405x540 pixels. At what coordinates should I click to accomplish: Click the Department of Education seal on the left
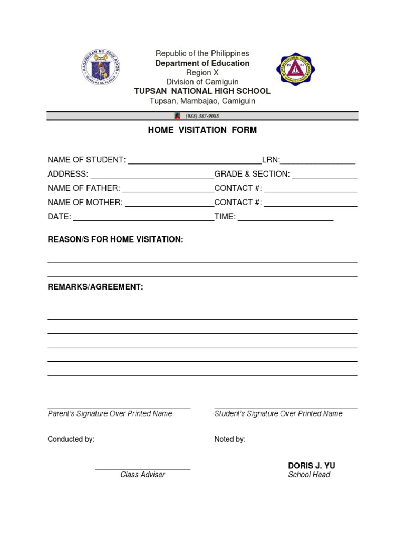(x=101, y=67)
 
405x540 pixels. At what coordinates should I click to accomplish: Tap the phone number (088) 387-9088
(x=201, y=116)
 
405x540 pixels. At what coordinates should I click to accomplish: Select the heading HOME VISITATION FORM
(x=202, y=130)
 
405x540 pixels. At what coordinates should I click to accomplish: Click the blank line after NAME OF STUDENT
(x=195, y=163)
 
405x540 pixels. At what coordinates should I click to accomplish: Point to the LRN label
(x=271, y=160)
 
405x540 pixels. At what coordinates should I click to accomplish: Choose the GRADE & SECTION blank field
(x=325, y=177)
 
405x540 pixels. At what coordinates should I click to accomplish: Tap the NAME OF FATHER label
(x=84, y=188)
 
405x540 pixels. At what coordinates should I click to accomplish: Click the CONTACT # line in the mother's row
(x=311, y=205)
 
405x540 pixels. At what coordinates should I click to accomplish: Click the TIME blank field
(x=285, y=220)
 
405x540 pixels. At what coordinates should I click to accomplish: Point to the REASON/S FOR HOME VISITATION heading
(x=115, y=240)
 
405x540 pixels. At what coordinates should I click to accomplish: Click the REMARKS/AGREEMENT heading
(x=95, y=287)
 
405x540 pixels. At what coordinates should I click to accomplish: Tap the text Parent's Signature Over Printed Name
(x=110, y=414)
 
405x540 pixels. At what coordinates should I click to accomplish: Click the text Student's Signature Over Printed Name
(x=278, y=414)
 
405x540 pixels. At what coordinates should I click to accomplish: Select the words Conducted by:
(x=71, y=439)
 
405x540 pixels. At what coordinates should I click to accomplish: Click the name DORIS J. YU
(x=311, y=466)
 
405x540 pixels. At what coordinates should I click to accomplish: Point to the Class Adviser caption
(x=142, y=475)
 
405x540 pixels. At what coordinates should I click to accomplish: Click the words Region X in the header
(x=202, y=72)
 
